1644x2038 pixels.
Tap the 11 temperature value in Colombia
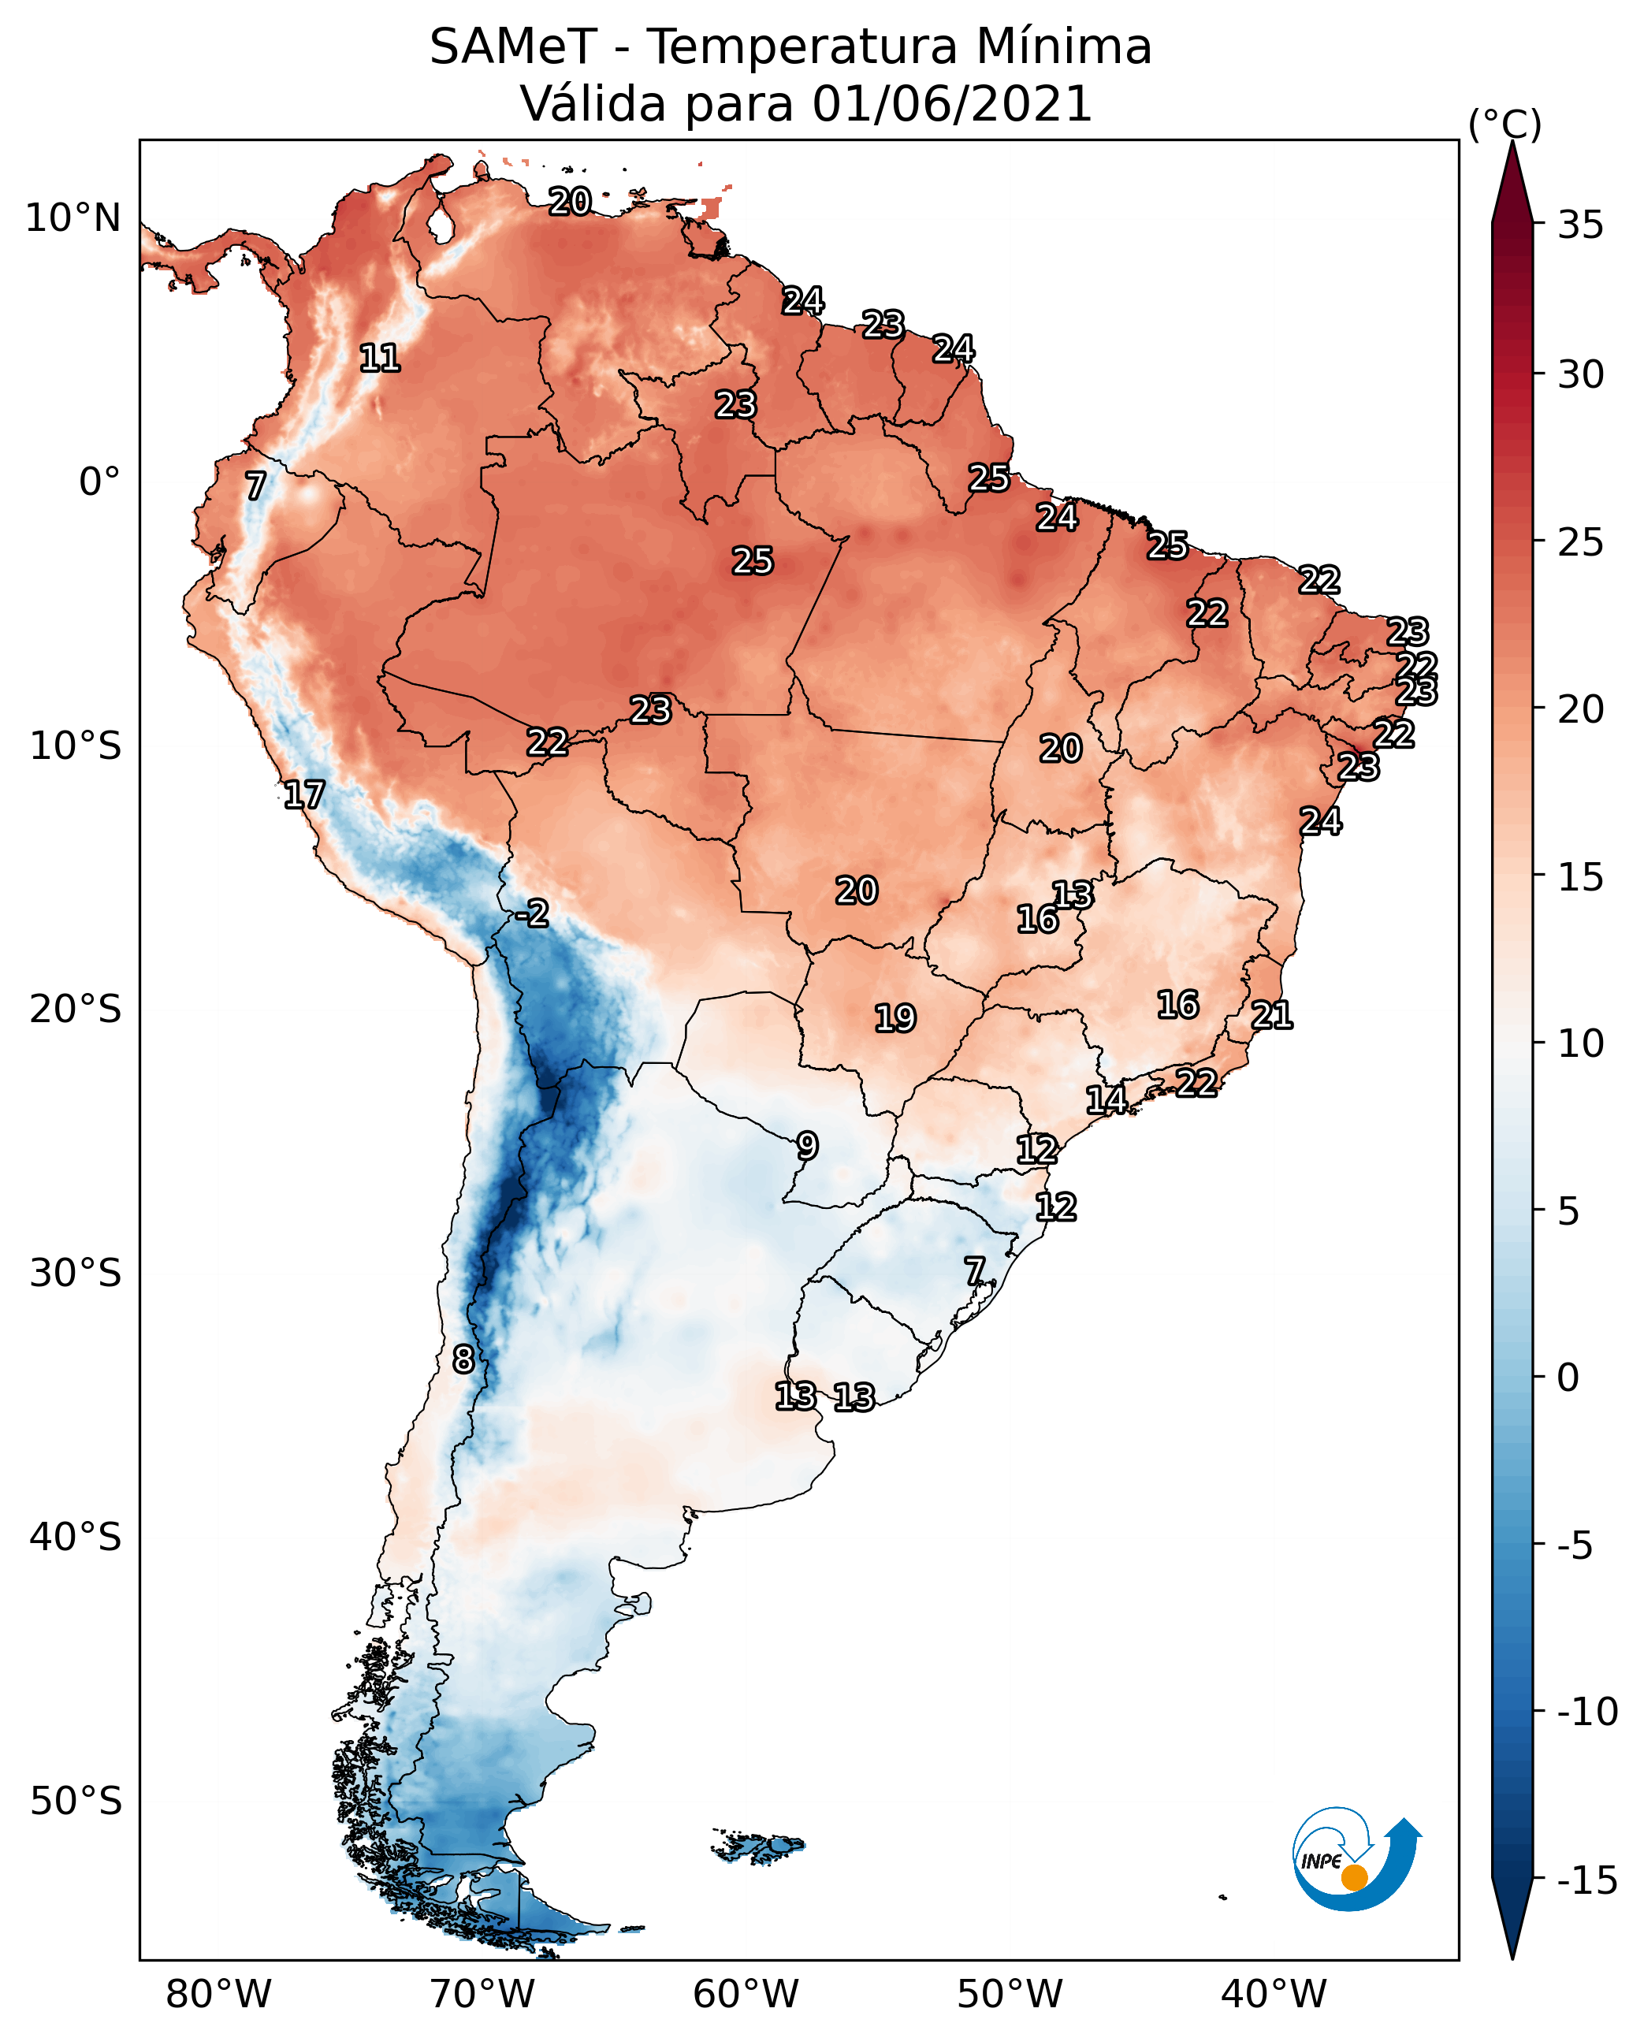tap(380, 358)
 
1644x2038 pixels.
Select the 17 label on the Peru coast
tap(304, 794)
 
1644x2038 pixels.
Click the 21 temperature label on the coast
tap(1272, 1015)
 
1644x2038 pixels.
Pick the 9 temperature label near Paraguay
tap(807, 1146)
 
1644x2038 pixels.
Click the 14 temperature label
tap(1106, 1099)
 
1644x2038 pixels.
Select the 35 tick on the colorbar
tap(1580, 225)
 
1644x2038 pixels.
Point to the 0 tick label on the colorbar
tap(1568, 1377)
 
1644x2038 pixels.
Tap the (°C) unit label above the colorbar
tap(1505, 124)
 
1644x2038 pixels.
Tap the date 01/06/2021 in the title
tap(952, 103)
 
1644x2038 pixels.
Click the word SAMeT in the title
tap(513, 46)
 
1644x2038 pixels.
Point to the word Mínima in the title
tap(1063, 46)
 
